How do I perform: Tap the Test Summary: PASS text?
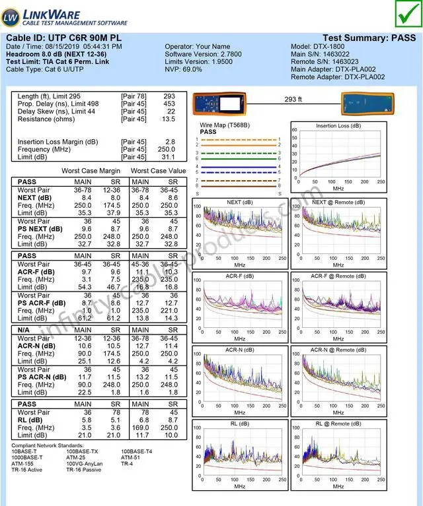(x=369, y=38)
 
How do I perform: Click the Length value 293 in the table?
(x=169, y=96)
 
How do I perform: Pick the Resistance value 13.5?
(x=169, y=119)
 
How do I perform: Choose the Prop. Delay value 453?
(x=169, y=104)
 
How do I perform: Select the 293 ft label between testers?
(x=293, y=100)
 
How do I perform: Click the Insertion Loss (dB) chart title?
(x=338, y=126)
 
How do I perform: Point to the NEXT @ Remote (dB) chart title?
(x=338, y=202)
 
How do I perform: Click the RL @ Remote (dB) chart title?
(x=338, y=424)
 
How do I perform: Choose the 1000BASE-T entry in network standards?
(x=26, y=457)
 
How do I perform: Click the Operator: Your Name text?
(x=198, y=47)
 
